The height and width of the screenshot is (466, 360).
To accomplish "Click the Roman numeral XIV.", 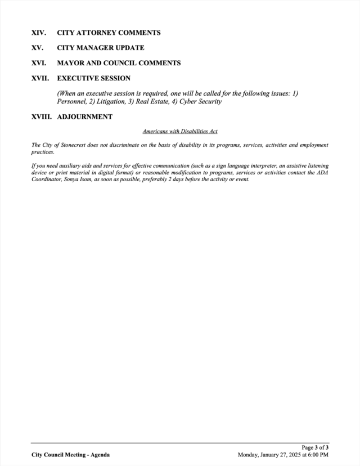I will click(38, 33).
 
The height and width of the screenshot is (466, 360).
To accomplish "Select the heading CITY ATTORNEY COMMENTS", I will click(109, 33).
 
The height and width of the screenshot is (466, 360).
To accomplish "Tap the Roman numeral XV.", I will click(38, 48).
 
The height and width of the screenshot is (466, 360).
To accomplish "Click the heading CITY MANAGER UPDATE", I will click(101, 48).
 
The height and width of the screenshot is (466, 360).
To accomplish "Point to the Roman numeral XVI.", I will click(38, 63).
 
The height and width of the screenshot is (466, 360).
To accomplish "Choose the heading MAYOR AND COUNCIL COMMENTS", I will click(119, 63).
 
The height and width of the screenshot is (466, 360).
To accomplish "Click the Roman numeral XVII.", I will click(40, 78).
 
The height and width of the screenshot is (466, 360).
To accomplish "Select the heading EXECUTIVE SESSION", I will click(93, 78).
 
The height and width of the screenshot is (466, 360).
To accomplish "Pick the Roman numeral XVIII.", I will click(42, 117).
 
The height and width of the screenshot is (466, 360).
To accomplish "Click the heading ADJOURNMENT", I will click(84, 117).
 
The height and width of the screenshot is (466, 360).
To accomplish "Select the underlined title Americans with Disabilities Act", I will click(179, 132).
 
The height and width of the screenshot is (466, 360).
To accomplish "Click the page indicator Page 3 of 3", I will click(315, 447).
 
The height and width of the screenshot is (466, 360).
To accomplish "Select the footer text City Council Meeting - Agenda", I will click(70, 455).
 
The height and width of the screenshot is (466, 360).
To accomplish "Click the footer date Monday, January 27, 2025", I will click(270, 455).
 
